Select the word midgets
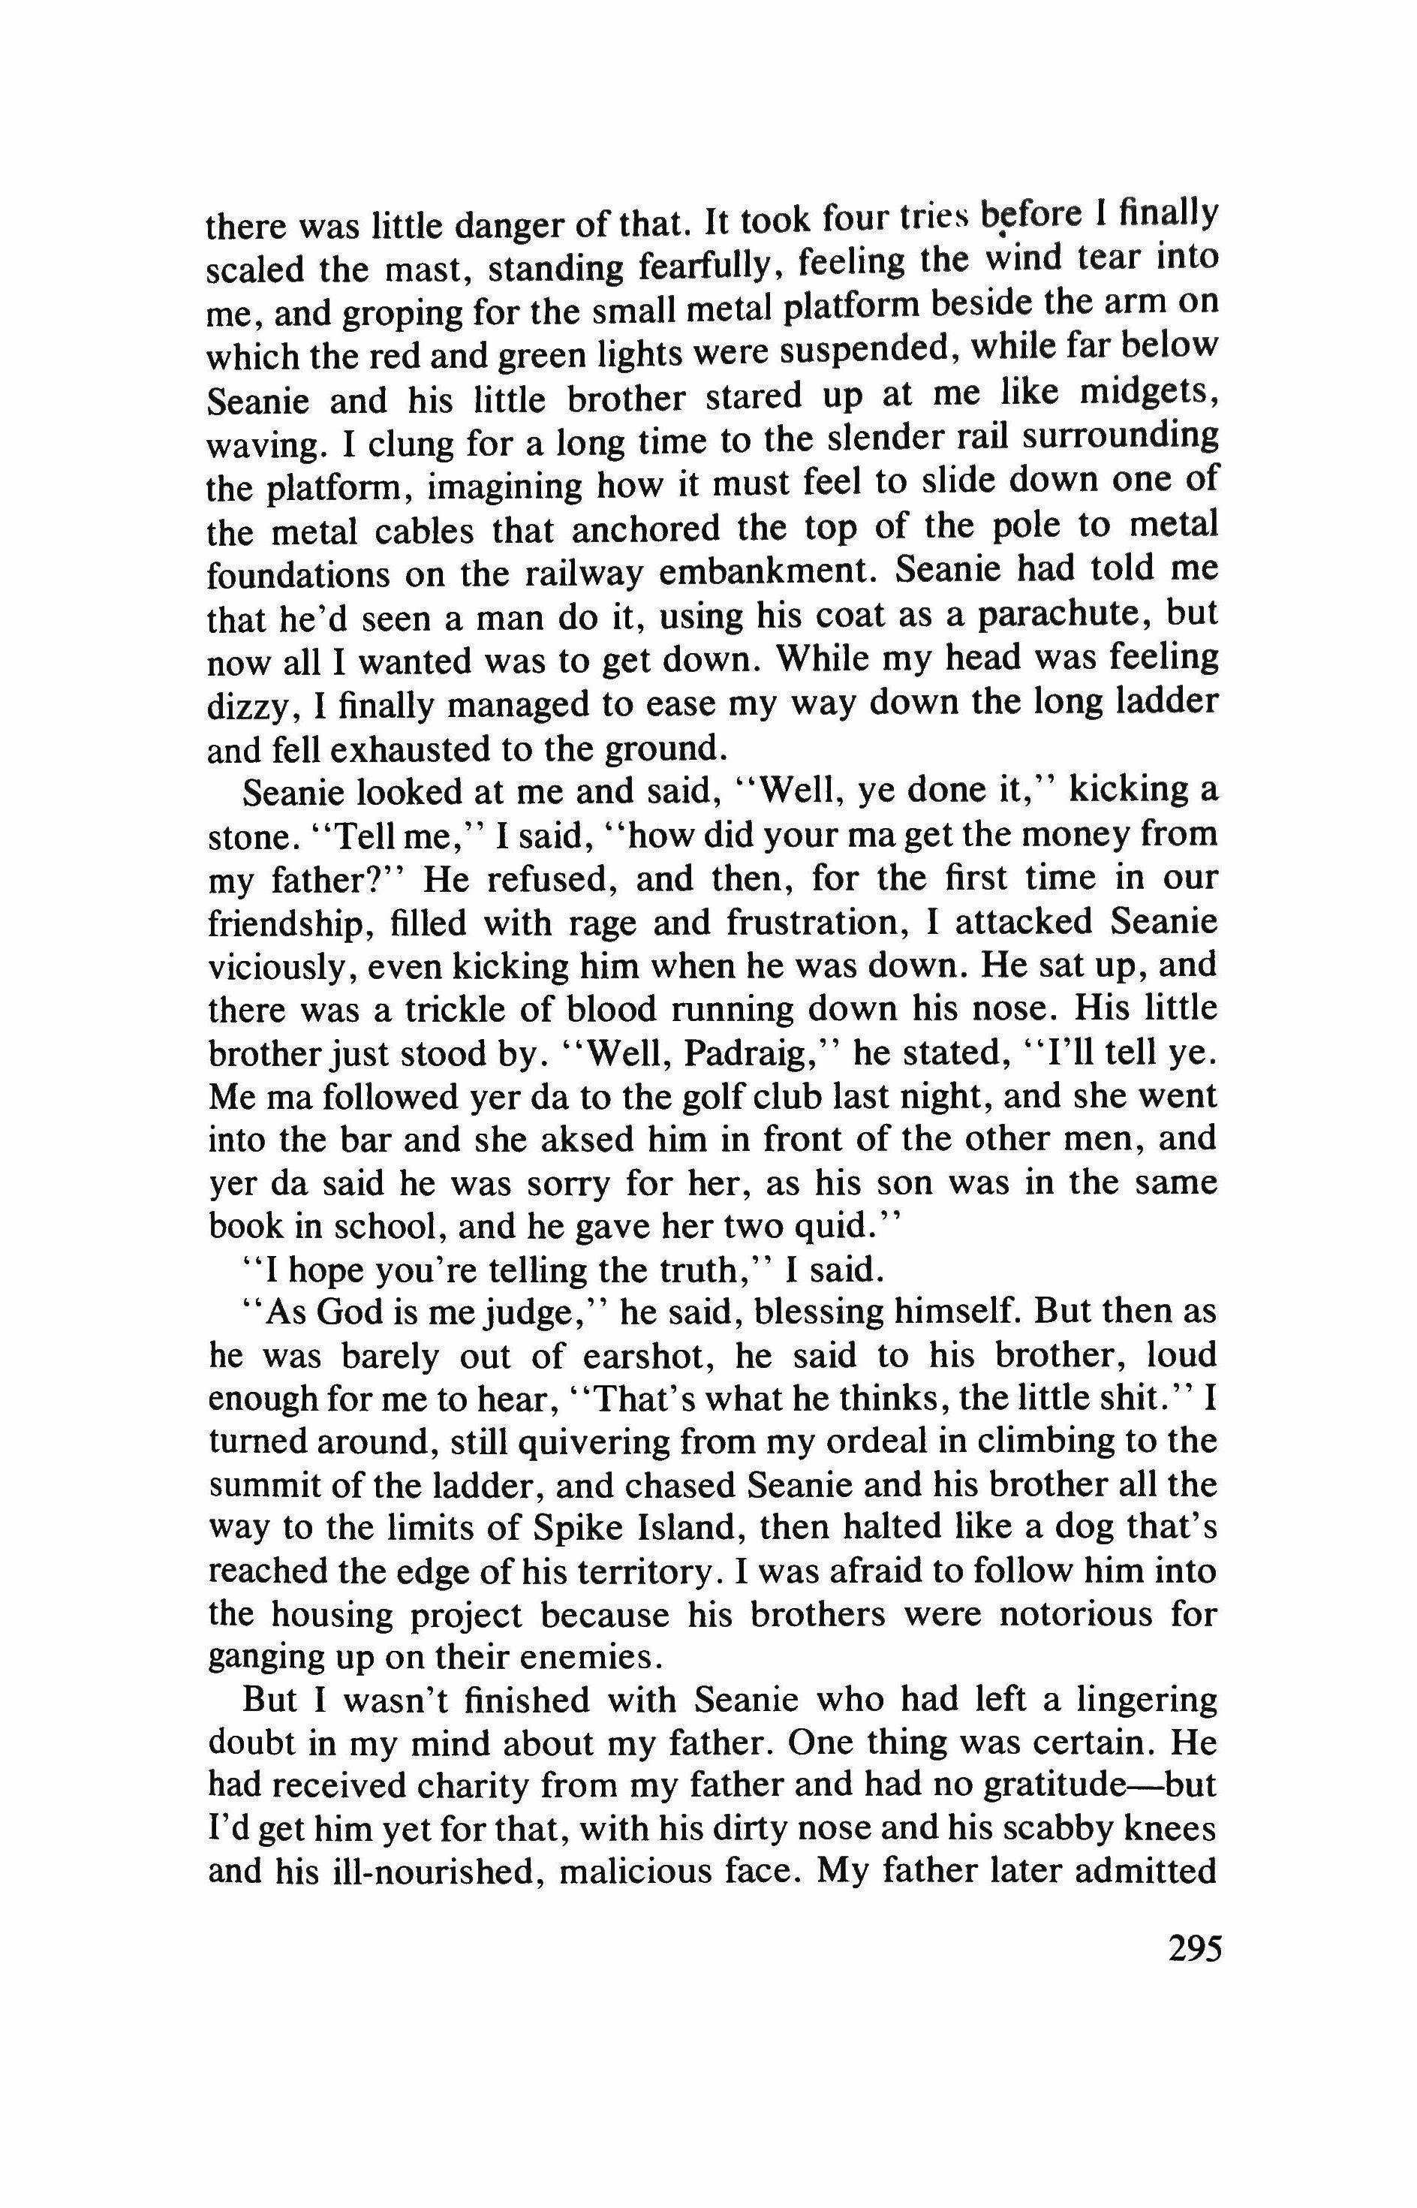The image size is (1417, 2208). [1149, 396]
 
